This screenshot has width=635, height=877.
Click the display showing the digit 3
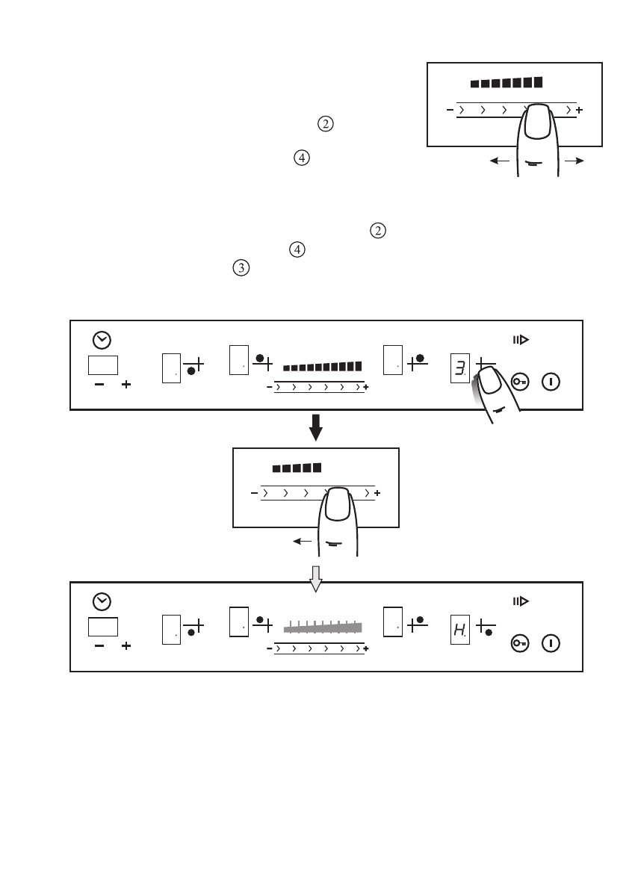pyautogui.click(x=459, y=368)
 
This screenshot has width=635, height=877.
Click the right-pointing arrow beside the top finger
pyautogui.click(x=574, y=161)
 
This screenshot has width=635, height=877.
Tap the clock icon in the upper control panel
pyautogui.click(x=101, y=340)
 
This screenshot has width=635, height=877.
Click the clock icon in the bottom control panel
pyautogui.click(x=101, y=601)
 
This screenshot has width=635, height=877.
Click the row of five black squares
pyautogui.click(x=297, y=468)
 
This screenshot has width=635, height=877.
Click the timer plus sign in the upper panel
pyautogui.click(x=126, y=385)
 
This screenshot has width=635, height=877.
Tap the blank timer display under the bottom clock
pyautogui.click(x=102, y=626)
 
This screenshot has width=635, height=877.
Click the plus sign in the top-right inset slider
pyautogui.click(x=580, y=111)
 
